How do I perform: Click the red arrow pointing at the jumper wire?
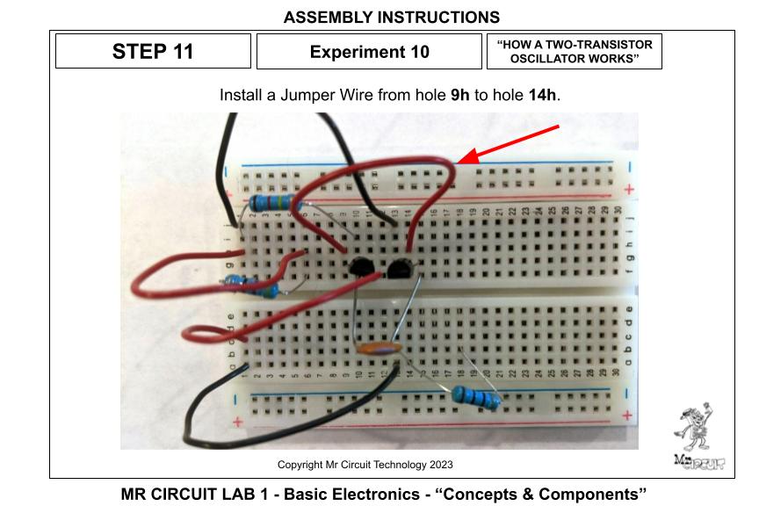[510, 144]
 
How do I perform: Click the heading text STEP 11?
[153, 51]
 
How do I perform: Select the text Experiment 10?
[370, 52]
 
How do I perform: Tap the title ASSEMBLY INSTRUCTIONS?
[392, 18]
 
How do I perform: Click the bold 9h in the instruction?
[459, 94]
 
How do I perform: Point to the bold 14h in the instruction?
[542, 94]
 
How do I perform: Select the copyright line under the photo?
[365, 465]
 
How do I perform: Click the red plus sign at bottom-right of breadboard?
[627, 415]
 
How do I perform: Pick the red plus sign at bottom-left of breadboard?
[238, 423]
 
